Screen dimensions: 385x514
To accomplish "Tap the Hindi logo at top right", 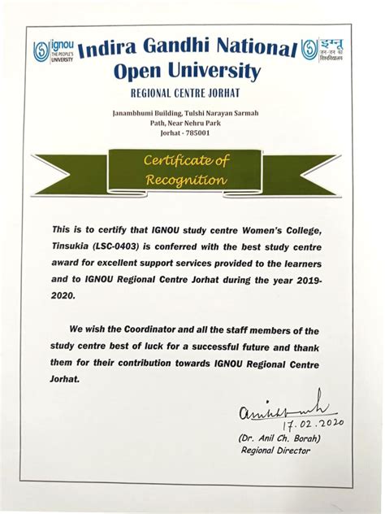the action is [329, 50].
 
